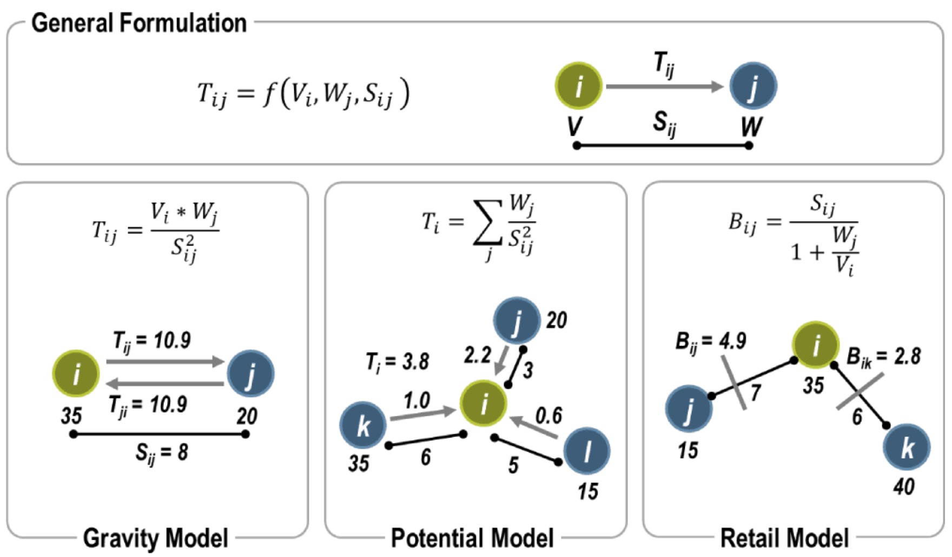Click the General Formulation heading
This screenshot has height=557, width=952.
tap(138, 23)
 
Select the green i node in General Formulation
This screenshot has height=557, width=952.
tap(578, 85)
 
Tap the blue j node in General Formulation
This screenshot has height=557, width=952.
tap(753, 85)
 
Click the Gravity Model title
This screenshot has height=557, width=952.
tap(155, 538)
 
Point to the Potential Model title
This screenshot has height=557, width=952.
tap(472, 538)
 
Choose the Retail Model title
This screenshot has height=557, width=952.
tap(784, 538)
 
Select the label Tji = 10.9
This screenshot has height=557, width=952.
tap(148, 405)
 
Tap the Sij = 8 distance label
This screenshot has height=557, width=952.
tap(161, 453)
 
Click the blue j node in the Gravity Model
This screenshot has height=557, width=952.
tap(250, 373)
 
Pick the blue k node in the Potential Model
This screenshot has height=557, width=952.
tap(363, 425)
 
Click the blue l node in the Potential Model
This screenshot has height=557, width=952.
tap(587, 450)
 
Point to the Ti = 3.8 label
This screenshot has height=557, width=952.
tap(397, 362)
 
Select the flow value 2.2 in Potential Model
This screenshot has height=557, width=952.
tap(477, 355)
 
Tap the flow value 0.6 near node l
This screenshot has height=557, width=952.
tap(548, 415)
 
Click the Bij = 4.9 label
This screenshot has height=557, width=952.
tap(710, 341)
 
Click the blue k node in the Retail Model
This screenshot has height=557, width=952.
tap(907, 447)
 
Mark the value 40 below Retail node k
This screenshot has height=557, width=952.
tap(903, 487)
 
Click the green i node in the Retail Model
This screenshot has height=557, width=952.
tap(816, 344)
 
